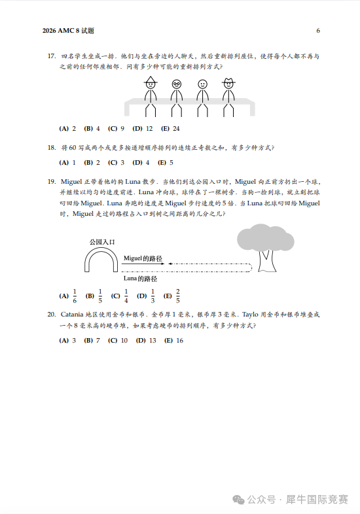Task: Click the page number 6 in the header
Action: click(318, 31)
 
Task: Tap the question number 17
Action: click(51, 56)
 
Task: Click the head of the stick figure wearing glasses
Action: click(177, 84)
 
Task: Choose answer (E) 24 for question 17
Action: click(170, 128)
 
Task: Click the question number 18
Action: click(51, 148)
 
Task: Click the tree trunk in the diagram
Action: click(267, 261)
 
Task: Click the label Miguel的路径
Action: click(143, 258)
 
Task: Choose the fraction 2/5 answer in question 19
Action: click(177, 296)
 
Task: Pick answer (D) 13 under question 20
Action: click(146, 340)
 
